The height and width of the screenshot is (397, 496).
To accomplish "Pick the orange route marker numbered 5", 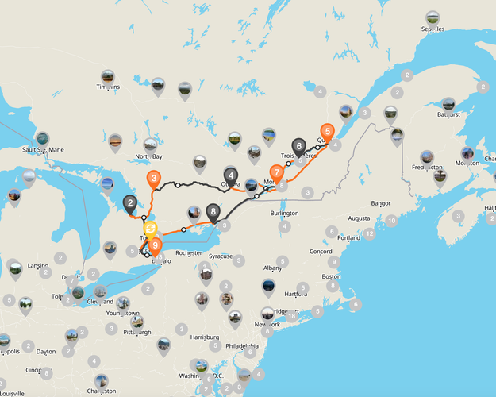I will pos(326,132).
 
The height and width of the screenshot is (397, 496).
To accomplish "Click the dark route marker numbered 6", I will pos(298,146).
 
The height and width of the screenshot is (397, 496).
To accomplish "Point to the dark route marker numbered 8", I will pos(213,212).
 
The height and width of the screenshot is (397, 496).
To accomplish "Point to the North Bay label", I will pos(148,157).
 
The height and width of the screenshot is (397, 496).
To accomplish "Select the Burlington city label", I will pos(284,214).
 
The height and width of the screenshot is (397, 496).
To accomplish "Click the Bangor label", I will pos(381,202).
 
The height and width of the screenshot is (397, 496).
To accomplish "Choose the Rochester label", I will pos(189,253).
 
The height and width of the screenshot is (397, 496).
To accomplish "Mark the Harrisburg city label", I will pos(206,337).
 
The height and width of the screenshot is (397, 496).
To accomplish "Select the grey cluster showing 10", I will pos(390,220).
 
